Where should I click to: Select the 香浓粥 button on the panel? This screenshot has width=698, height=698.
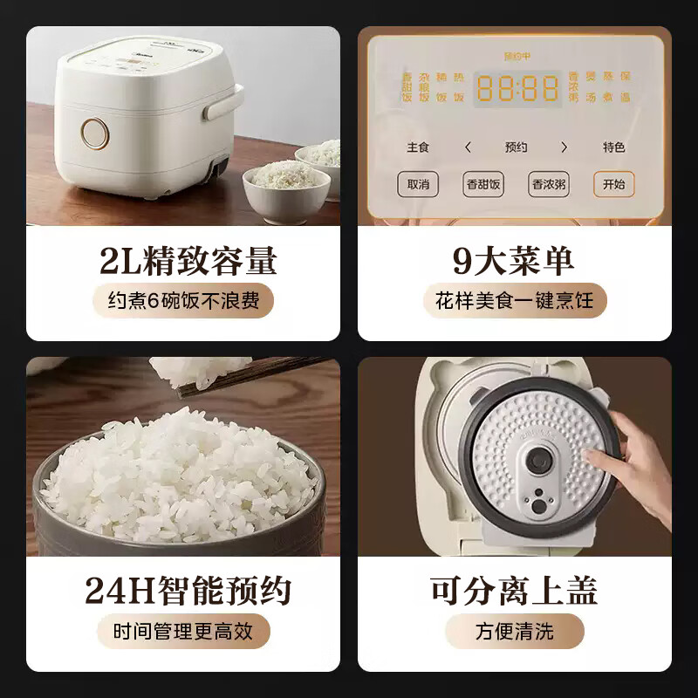point(549,184)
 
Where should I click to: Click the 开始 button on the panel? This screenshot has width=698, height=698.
point(614,184)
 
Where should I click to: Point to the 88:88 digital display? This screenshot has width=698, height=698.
point(517,89)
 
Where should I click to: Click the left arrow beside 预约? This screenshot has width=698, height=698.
point(468,147)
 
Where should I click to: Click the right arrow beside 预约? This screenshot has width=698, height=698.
point(564,147)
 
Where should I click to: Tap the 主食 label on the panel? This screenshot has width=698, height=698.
point(418,147)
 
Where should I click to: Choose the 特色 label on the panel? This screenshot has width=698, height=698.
point(614,147)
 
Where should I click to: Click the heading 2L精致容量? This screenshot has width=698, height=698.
point(183,260)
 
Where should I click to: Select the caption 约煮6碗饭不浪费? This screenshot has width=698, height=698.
point(183,301)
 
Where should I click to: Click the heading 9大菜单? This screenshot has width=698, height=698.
point(514,260)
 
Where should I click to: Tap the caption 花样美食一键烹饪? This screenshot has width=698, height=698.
point(514,301)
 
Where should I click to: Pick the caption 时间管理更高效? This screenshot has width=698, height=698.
point(183,632)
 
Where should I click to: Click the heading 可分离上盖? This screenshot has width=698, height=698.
point(514,591)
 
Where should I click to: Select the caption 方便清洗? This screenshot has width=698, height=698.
point(514,632)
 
